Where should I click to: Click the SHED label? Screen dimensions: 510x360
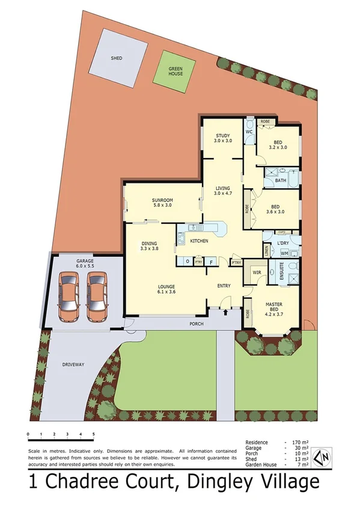point(117,58)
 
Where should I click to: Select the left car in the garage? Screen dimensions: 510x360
point(70,297)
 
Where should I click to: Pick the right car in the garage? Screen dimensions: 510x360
point(97,297)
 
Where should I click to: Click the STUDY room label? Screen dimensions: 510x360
point(222,138)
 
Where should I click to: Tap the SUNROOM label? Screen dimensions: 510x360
point(162,201)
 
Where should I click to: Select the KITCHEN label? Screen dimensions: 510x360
point(199,241)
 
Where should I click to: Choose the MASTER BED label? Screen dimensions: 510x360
point(274,308)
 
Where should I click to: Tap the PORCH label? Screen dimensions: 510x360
point(197,324)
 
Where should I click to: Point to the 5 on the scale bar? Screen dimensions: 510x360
point(93,434)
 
